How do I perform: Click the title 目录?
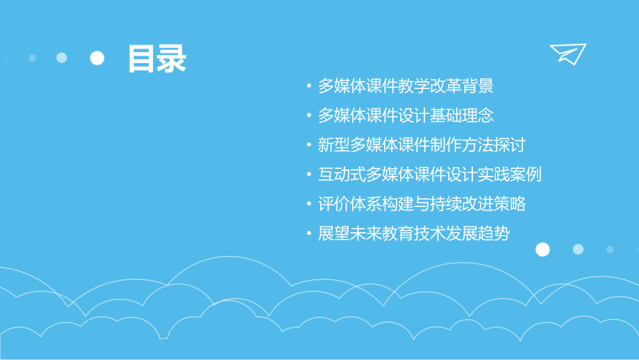point(156,59)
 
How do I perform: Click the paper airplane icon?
point(567,54)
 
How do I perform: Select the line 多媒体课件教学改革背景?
point(406,86)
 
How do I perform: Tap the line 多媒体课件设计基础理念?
point(406,115)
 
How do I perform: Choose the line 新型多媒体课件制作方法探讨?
point(421,145)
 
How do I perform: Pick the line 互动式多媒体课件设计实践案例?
point(429,174)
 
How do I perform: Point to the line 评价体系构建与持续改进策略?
point(421,204)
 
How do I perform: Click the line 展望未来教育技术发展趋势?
point(413,234)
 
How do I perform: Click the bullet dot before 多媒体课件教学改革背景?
point(308,87)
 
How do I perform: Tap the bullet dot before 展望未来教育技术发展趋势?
point(308,234)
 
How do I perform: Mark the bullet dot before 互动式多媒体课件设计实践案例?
point(308,175)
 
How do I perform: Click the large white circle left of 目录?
point(97,58)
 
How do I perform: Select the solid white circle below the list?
point(542,249)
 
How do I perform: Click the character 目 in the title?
point(142,59)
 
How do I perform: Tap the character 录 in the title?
point(172,59)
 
